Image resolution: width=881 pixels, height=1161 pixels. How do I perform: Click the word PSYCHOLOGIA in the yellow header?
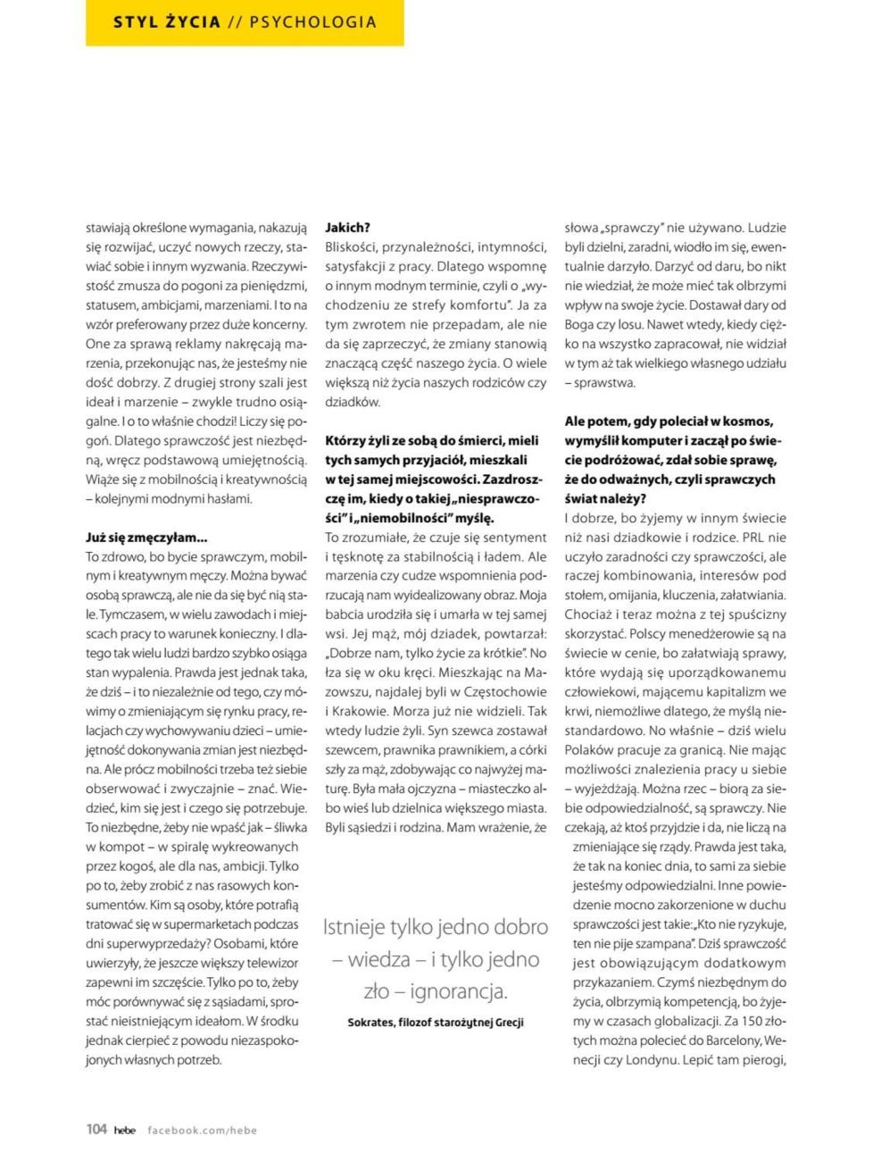pyautogui.click(x=312, y=22)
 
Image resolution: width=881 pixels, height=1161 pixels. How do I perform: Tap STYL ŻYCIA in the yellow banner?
pyautogui.click(x=167, y=22)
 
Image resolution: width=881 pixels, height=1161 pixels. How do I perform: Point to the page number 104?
pyautogui.click(x=96, y=1129)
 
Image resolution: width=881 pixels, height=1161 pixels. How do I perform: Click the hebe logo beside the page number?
pyautogui.click(x=125, y=1130)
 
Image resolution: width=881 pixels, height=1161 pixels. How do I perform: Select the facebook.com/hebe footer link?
pyautogui.click(x=202, y=1130)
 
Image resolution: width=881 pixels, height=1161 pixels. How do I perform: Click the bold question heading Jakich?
pyautogui.click(x=347, y=228)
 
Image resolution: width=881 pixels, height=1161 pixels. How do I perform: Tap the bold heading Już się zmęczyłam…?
pyautogui.click(x=146, y=538)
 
